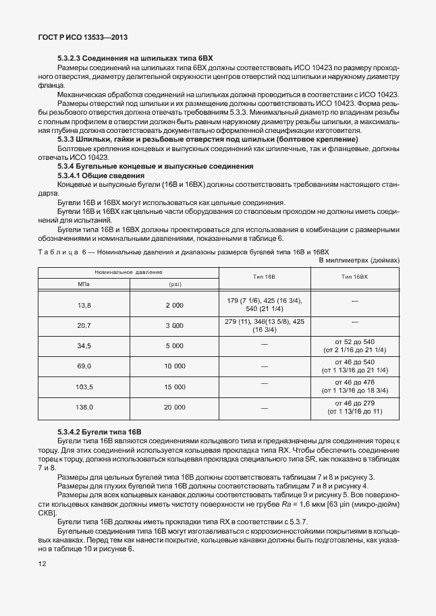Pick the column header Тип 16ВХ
[x=354, y=277]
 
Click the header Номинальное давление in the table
[x=128, y=272]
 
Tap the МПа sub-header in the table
[x=84, y=284]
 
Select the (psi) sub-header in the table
[x=174, y=284]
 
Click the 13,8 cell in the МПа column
[x=84, y=305]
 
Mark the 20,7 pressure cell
[x=84, y=325]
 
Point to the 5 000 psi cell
[x=174, y=345]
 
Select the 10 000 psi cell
[x=174, y=366]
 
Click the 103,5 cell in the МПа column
[x=84, y=387]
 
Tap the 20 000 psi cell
[x=174, y=407]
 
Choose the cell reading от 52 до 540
[x=354, y=341]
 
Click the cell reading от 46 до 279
[x=354, y=403]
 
